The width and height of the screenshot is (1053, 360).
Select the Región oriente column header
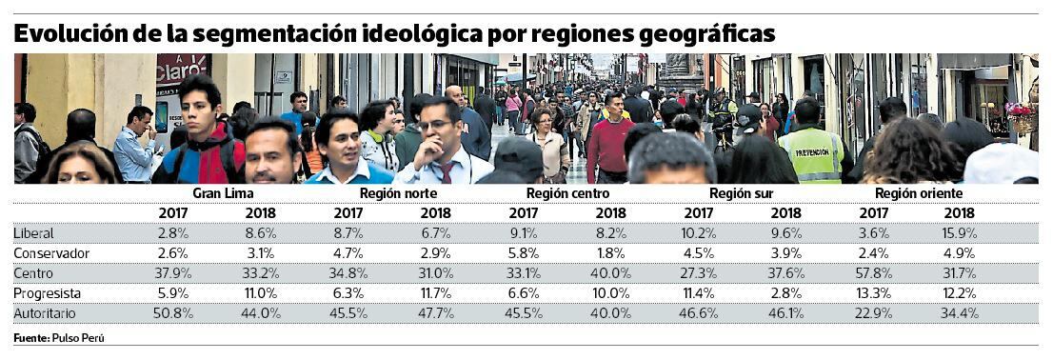tap(918, 193)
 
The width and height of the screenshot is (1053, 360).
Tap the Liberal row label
tap(33, 233)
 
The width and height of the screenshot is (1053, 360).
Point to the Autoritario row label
tap(45, 313)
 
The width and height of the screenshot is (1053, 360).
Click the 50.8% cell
tap(173, 313)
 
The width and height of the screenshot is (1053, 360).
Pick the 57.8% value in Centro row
tap(874, 273)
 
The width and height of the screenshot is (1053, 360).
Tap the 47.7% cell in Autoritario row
tap(435, 313)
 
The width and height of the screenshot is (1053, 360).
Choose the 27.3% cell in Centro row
tap(699, 273)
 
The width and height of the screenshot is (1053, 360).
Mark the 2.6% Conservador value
tap(173, 253)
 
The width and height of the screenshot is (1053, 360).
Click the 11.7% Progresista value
tap(435, 293)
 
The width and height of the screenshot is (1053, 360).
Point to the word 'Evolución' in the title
tap(70, 34)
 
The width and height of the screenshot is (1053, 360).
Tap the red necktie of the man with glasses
tap(446, 172)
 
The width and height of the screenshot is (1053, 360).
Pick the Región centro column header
tap(567, 193)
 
